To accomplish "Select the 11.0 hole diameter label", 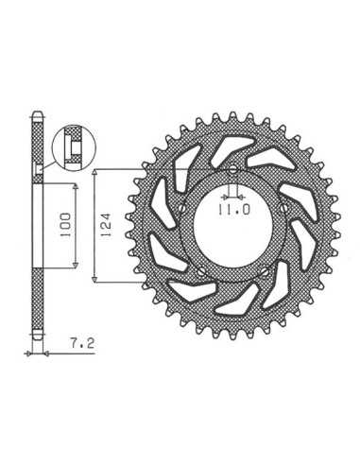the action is point(233,210).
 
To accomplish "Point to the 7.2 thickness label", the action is point(82,343).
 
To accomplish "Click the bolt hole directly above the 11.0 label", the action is point(232,170).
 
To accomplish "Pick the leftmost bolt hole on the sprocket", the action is point(182,208).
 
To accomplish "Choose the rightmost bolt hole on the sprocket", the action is point(283,208).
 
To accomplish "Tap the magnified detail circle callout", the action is point(74,147).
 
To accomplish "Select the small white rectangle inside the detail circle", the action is point(76,148).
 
